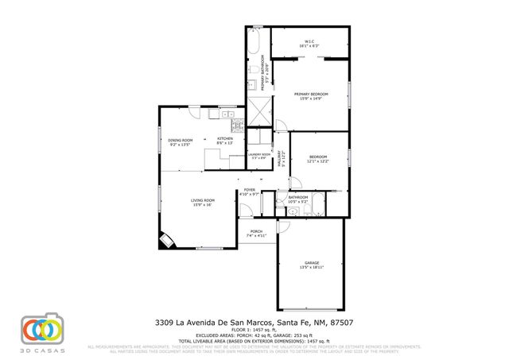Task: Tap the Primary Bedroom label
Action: pyautogui.click(x=311, y=94)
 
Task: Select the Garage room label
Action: pyautogui.click(x=311, y=262)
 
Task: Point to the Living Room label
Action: pyautogui.click(x=202, y=199)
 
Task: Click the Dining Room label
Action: pyautogui.click(x=181, y=140)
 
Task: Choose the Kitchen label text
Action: pyautogui.click(x=225, y=139)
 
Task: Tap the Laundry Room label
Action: pyautogui.click(x=258, y=155)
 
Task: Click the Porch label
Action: pyautogui.click(x=256, y=231)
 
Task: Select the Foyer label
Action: pyautogui.click(x=249, y=191)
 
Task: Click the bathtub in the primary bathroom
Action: pyautogui.click(x=256, y=43)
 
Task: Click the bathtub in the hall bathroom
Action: pyautogui.click(x=317, y=208)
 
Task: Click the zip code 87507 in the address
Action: pyautogui.click(x=343, y=323)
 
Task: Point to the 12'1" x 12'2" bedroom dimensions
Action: pyautogui.click(x=318, y=161)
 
